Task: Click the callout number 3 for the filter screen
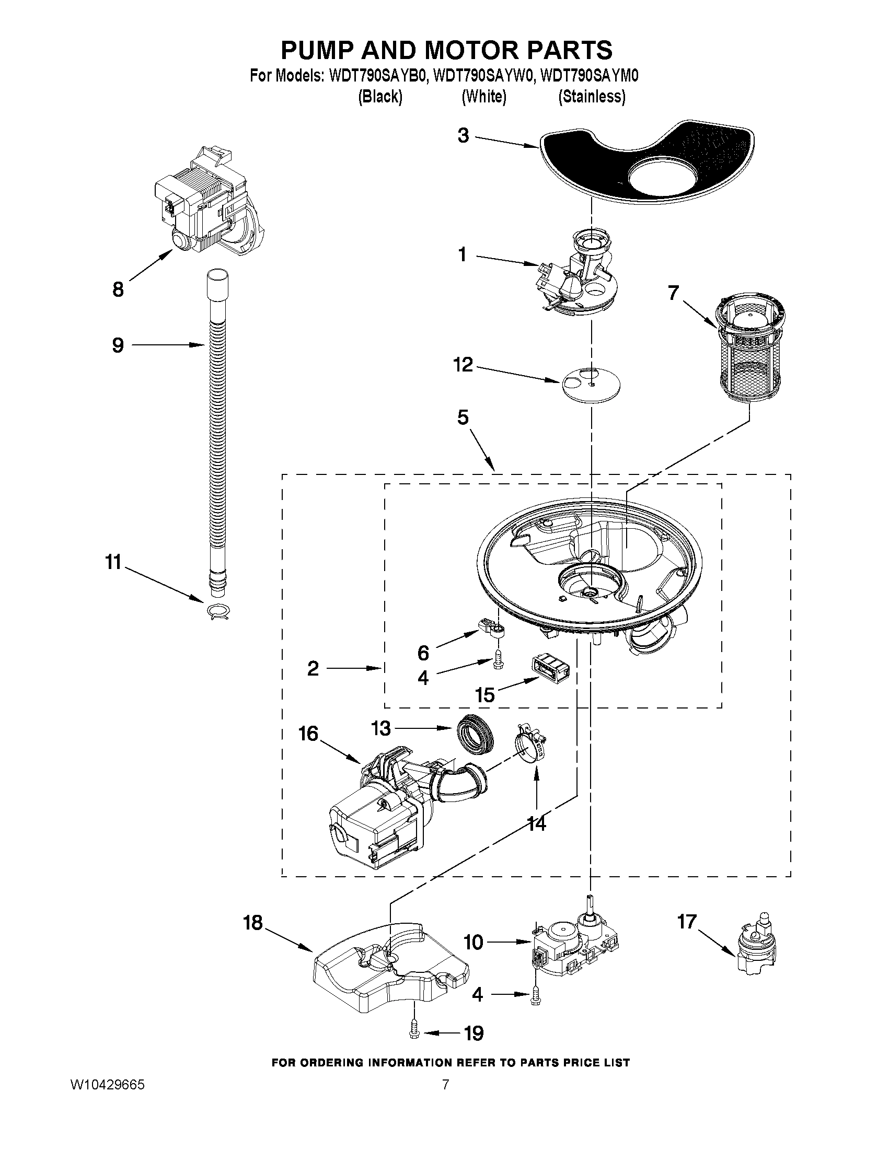pos(463,136)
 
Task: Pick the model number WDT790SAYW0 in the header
pos(483,76)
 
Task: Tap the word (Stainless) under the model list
pos(592,97)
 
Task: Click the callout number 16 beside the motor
pos(308,734)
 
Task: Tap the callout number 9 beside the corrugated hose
pos(118,345)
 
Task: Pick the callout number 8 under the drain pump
pos(118,288)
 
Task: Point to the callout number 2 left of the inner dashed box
pos(313,669)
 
